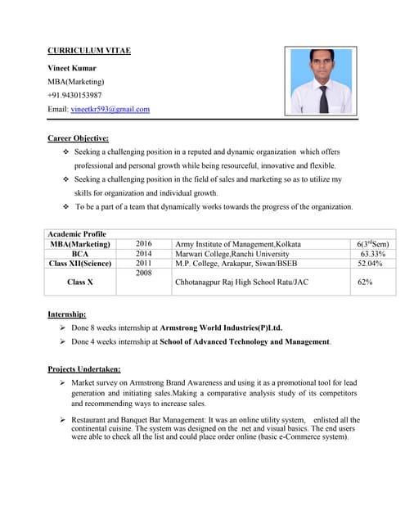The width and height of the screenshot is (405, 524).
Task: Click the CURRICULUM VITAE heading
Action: click(x=89, y=51)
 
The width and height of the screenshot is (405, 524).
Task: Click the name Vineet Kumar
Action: click(x=72, y=67)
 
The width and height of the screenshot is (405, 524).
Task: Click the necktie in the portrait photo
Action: click(x=323, y=99)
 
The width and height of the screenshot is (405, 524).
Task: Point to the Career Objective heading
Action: click(x=79, y=138)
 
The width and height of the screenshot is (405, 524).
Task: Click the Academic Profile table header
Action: click(x=77, y=234)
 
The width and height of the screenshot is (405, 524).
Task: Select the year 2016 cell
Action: click(x=144, y=244)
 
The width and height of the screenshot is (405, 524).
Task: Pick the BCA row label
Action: click(x=79, y=254)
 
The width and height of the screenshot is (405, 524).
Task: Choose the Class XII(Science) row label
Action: click(x=79, y=264)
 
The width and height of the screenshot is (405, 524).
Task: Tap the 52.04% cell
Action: click(x=372, y=264)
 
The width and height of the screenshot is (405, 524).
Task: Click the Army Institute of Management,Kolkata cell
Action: click(x=238, y=244)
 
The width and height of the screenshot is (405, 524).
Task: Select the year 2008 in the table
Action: click(x=144, y=273)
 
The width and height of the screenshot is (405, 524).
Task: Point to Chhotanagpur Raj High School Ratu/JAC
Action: click(x=242, y=282)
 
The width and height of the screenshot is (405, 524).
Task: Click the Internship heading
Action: click(x=67, y=314)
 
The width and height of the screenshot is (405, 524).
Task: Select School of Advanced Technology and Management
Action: click(x=245, y=341)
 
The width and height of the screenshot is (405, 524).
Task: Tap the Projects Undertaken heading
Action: click(x=84, y=368)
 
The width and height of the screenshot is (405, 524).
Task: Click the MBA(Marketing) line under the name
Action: click(x=76, y=81)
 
